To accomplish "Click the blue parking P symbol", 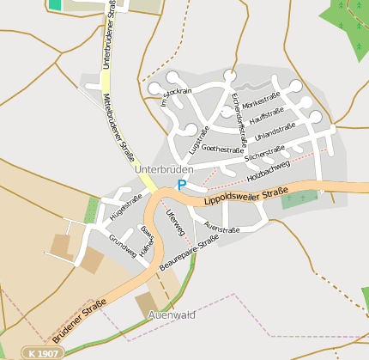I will click(181, 184).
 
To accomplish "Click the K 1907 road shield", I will click(44, 352).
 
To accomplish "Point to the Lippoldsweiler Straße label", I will click(245, 195).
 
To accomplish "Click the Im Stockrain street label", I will click(175, 96).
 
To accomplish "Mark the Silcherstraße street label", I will click(264, 154).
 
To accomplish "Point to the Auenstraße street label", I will click(222, 227).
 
